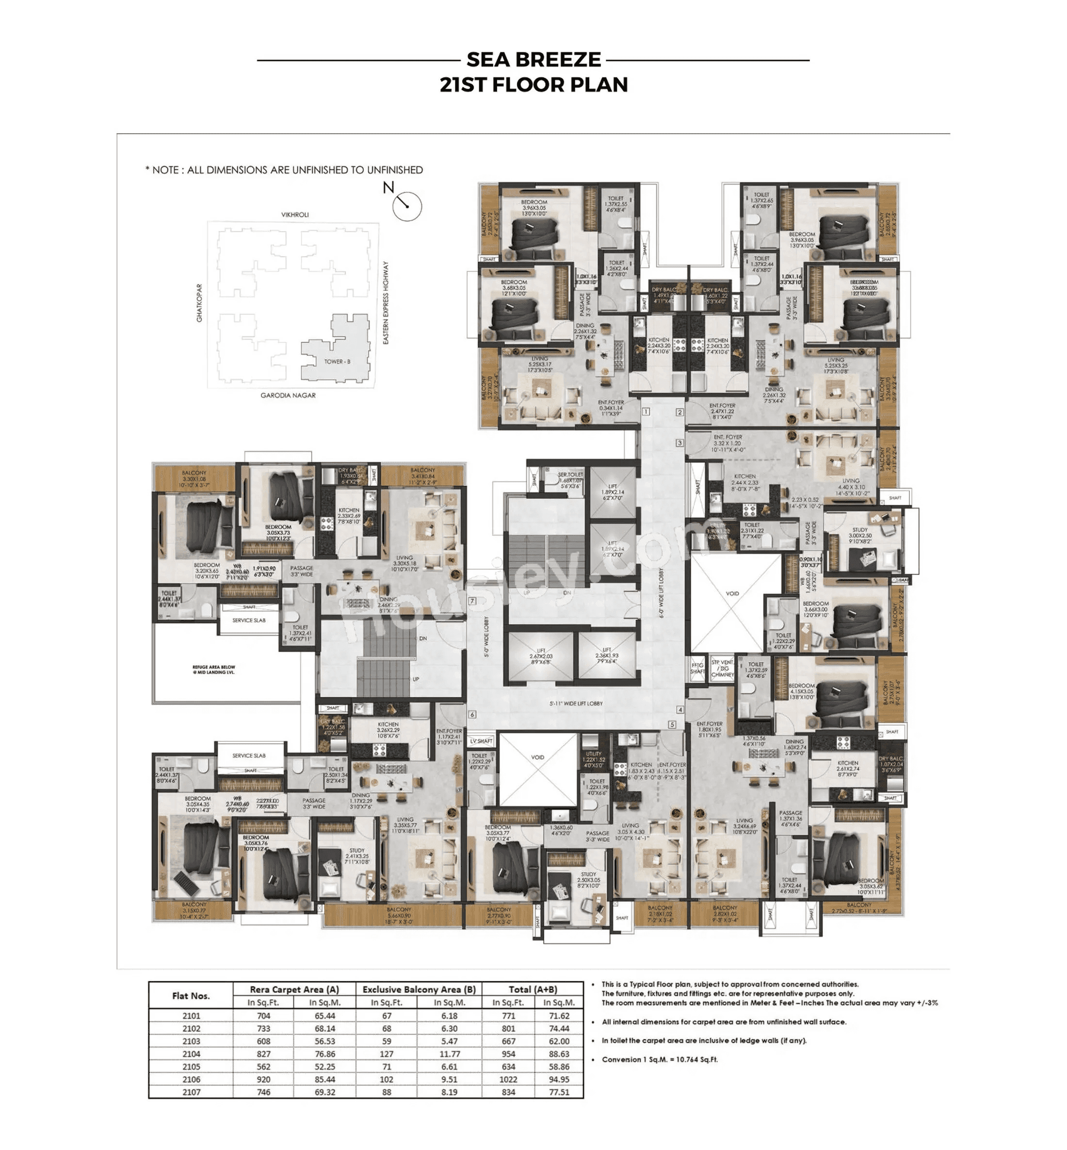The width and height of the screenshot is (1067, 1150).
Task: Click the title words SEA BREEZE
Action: pos(533,60)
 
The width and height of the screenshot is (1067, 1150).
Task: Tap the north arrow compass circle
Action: pos(406,206)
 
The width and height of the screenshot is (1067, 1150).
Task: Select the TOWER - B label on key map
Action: pos(337,362)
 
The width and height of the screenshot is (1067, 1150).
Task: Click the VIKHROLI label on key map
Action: pos(294,215)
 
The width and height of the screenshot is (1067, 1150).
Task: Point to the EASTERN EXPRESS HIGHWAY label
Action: pos(386,303)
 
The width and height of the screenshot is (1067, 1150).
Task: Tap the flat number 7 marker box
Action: pos(472,601)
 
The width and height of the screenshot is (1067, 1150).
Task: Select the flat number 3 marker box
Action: pos(679,443)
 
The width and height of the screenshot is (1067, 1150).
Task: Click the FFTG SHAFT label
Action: pos(697,668)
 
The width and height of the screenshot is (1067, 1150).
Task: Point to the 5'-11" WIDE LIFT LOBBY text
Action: pos(576,703)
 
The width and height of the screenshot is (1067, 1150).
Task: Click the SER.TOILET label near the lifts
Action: pos(569,479)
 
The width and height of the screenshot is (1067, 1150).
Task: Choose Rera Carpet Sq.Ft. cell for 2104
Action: pos(263,1054)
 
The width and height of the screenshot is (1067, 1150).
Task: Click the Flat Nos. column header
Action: pos(191,995)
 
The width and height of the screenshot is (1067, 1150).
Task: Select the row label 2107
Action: pos(191,1092)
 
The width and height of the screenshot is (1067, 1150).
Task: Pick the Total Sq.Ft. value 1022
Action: pos(508,1079)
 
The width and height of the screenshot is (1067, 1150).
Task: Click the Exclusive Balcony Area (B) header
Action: pos(419,989)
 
